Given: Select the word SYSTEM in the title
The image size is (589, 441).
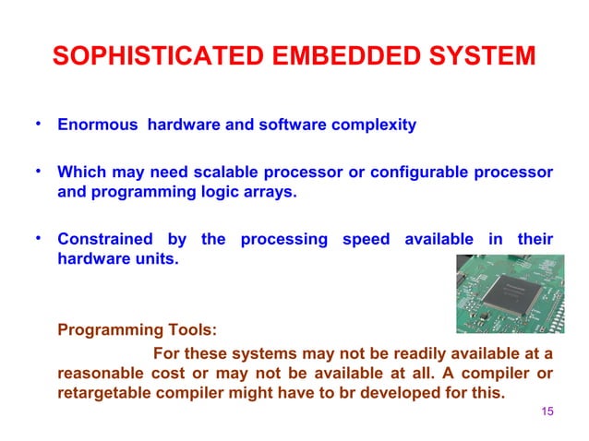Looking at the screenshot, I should coord(486,56).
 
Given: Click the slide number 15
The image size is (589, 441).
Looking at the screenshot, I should coord(547,411).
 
